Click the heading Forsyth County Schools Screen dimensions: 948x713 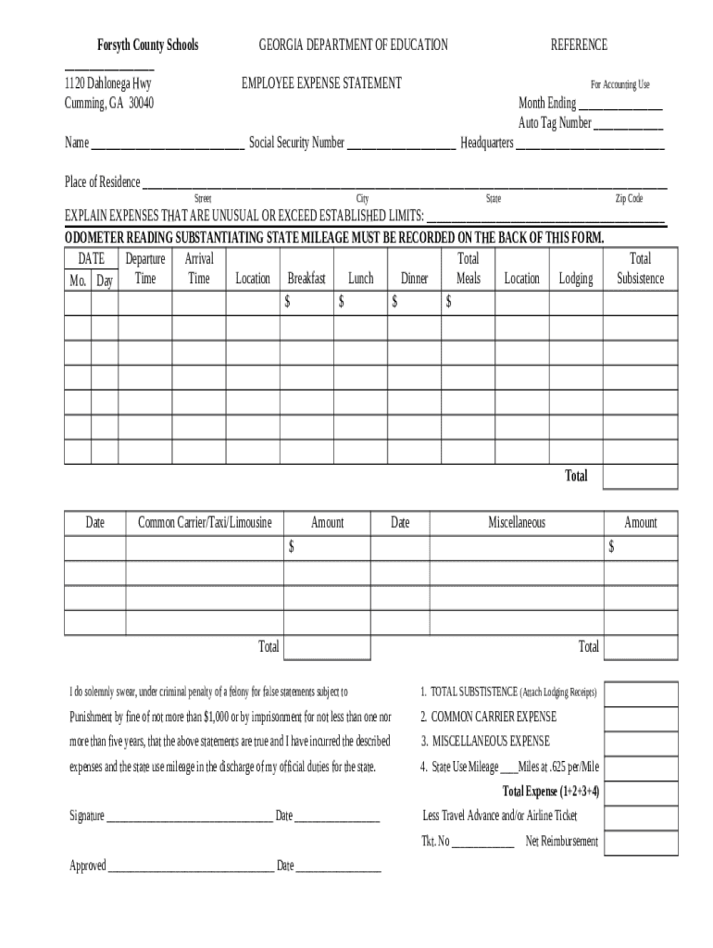click(148, 44)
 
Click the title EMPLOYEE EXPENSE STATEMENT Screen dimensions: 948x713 click(321, 83)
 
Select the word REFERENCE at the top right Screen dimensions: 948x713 click(579, 44)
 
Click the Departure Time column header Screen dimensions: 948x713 click(145, 268)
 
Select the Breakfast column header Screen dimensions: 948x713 click(306, 278)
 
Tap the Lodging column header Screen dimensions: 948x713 click(576, 278)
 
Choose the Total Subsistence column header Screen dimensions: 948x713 click(640, 268)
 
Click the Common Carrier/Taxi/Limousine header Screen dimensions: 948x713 click(205, 522)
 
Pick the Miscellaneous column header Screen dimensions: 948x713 click(517, 522)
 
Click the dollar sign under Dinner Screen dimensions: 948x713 click(395, 302)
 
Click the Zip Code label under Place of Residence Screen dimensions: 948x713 click(629, 199)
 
